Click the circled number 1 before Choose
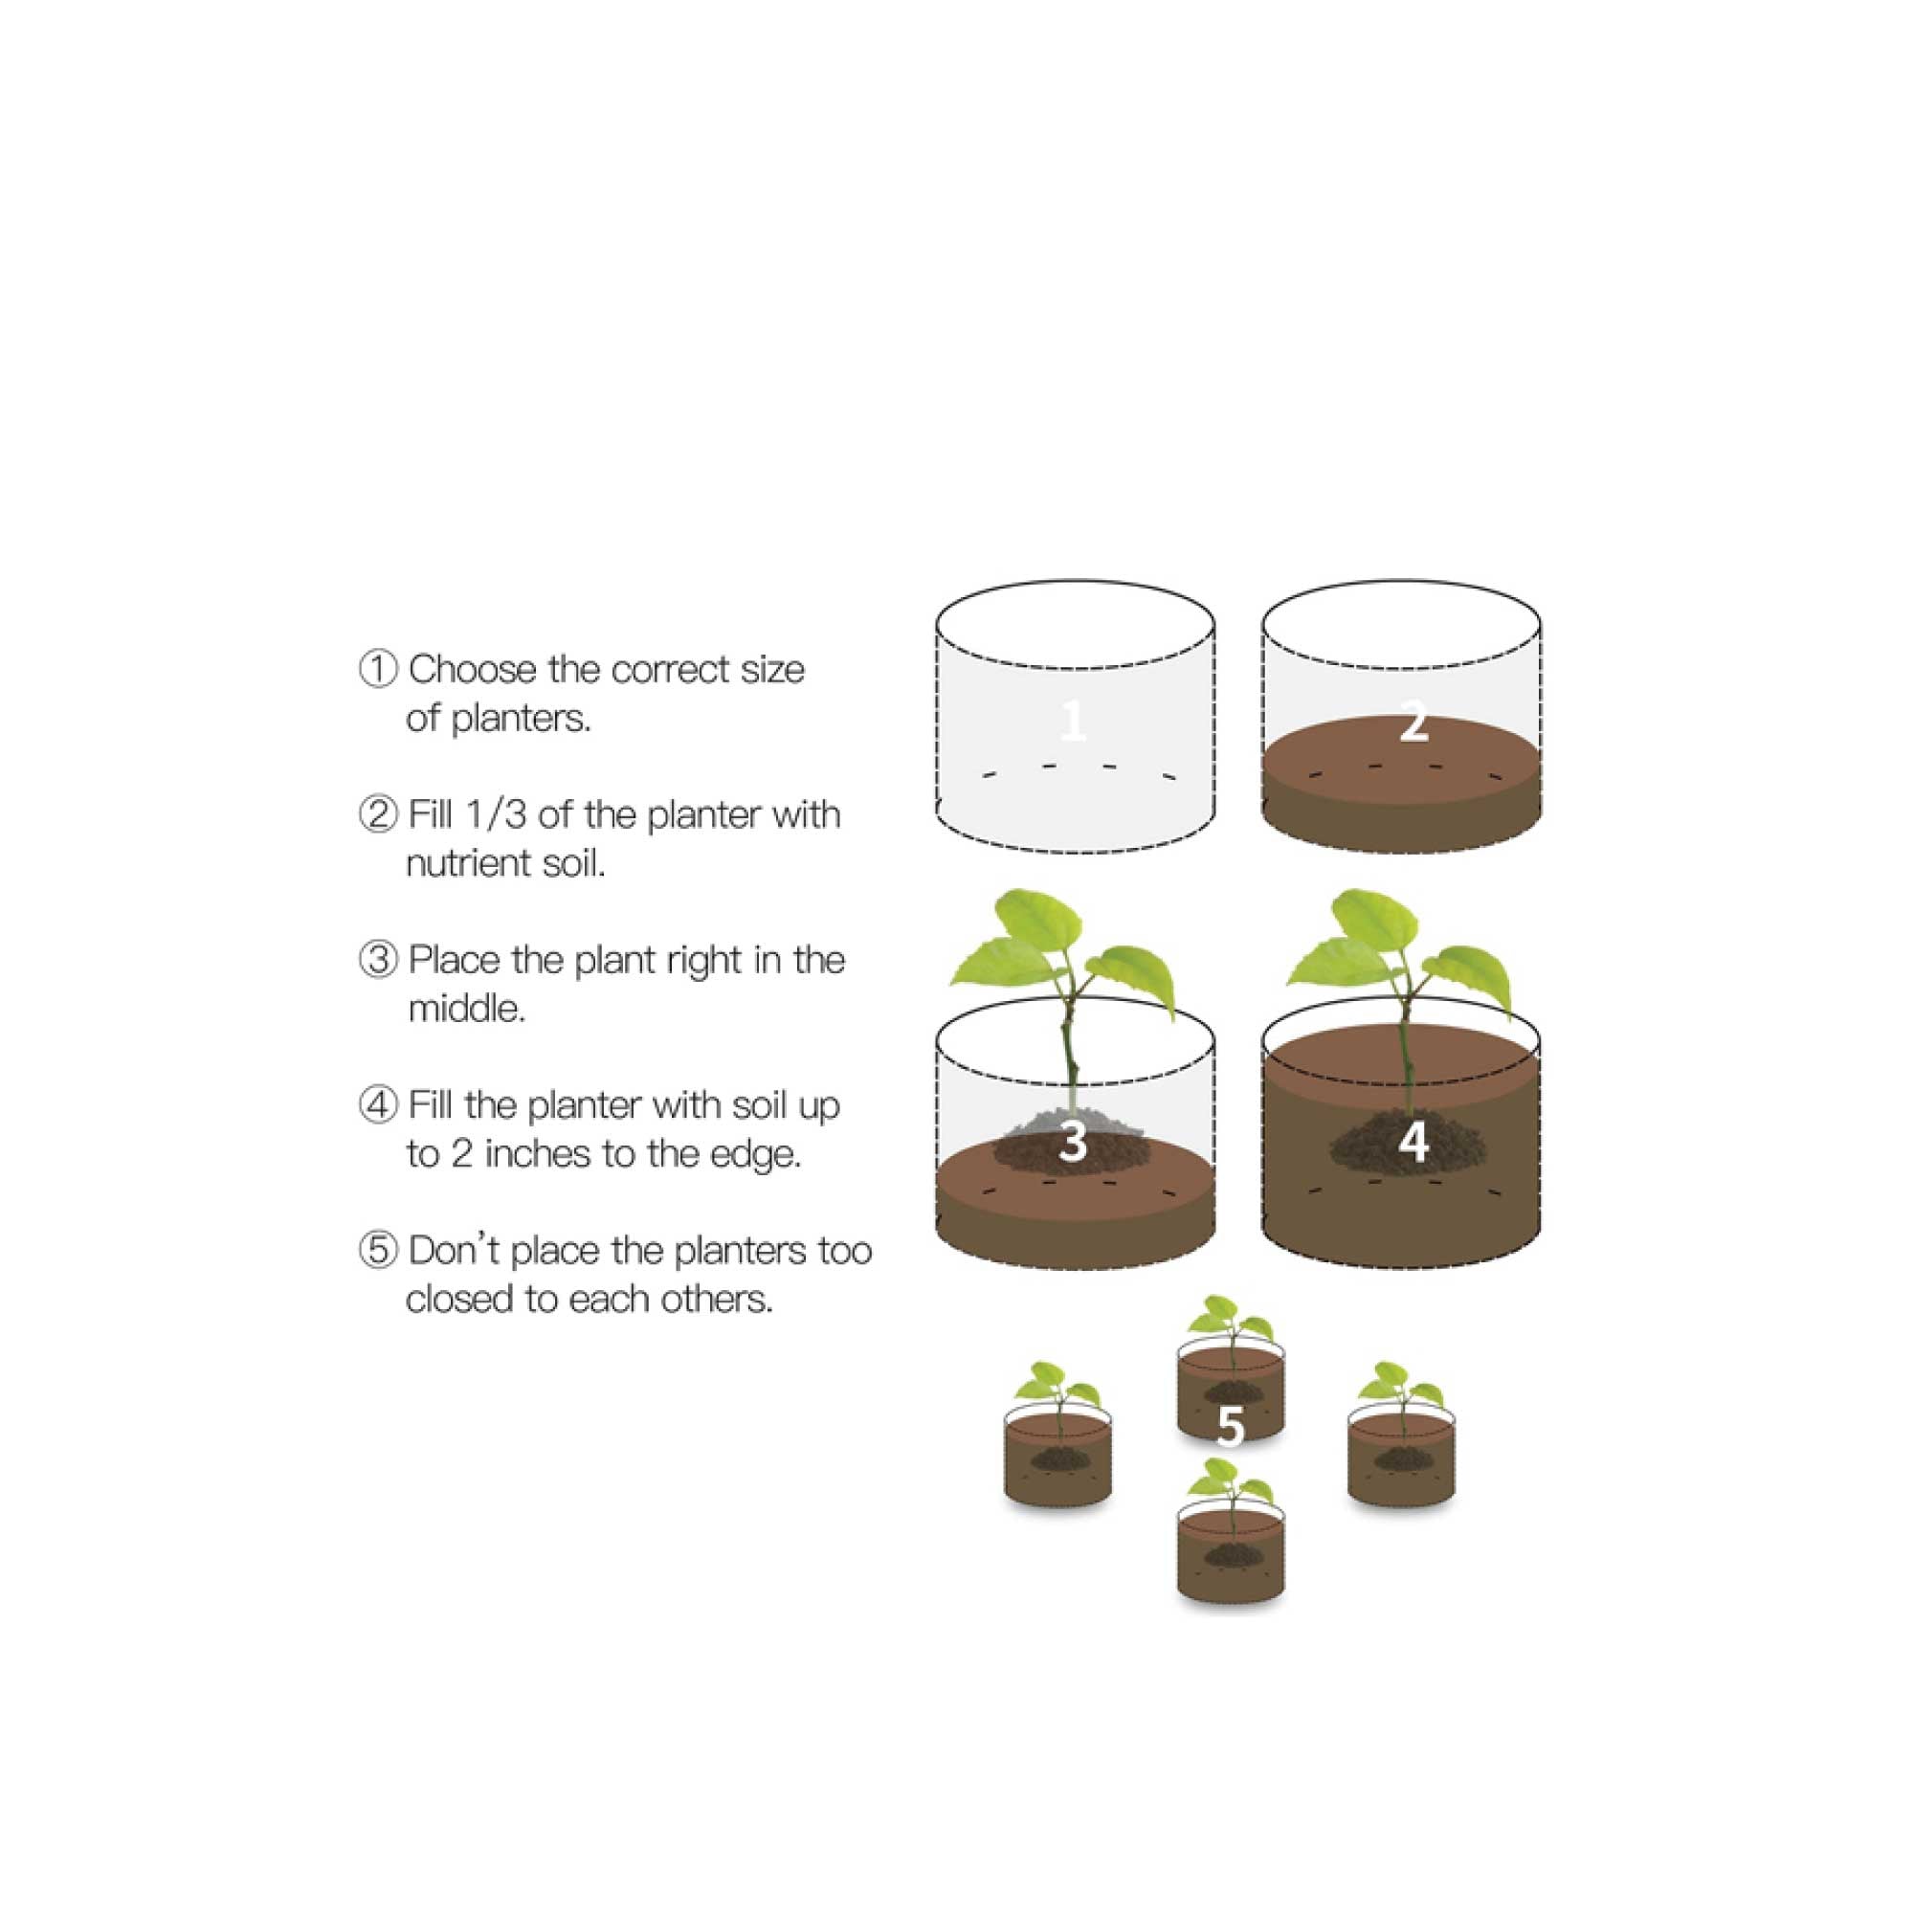[377, 670]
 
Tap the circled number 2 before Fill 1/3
[377, 815]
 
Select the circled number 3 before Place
[377, 960]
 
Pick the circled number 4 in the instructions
[377, 1105]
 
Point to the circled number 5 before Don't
[377, 1250]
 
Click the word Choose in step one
[472, 670]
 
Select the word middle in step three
[466, 1010]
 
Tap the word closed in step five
[458, 1299]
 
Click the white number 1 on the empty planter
[1072, 721]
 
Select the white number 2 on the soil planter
[1413, 721]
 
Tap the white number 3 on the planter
[1073, 1142]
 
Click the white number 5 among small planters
[1230, 1428]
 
